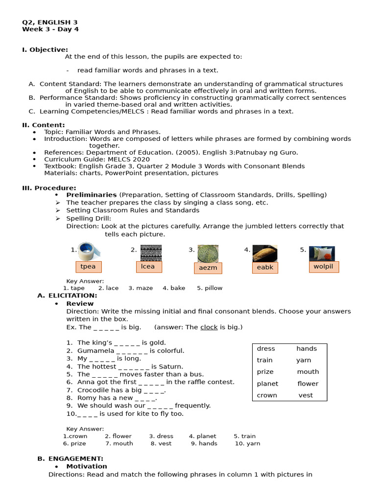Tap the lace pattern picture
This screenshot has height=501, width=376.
150,253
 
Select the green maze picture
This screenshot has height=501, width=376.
208,253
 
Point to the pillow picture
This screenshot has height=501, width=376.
322,253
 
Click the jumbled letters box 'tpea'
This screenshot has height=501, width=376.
88,267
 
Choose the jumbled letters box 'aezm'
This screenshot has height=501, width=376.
208,268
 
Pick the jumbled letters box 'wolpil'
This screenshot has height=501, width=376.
323,267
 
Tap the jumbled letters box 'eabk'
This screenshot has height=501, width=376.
265,268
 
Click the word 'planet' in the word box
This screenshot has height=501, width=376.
267,384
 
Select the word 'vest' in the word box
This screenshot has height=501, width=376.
305,395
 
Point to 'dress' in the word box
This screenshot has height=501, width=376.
266,349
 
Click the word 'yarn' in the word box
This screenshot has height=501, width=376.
304,360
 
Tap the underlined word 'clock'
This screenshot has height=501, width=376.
209,327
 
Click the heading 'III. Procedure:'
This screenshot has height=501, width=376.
49,188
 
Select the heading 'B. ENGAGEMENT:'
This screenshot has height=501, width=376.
70,458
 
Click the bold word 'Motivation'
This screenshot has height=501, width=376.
87,466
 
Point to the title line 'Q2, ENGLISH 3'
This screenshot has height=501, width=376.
49,23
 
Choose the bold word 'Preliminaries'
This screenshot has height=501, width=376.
92,195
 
